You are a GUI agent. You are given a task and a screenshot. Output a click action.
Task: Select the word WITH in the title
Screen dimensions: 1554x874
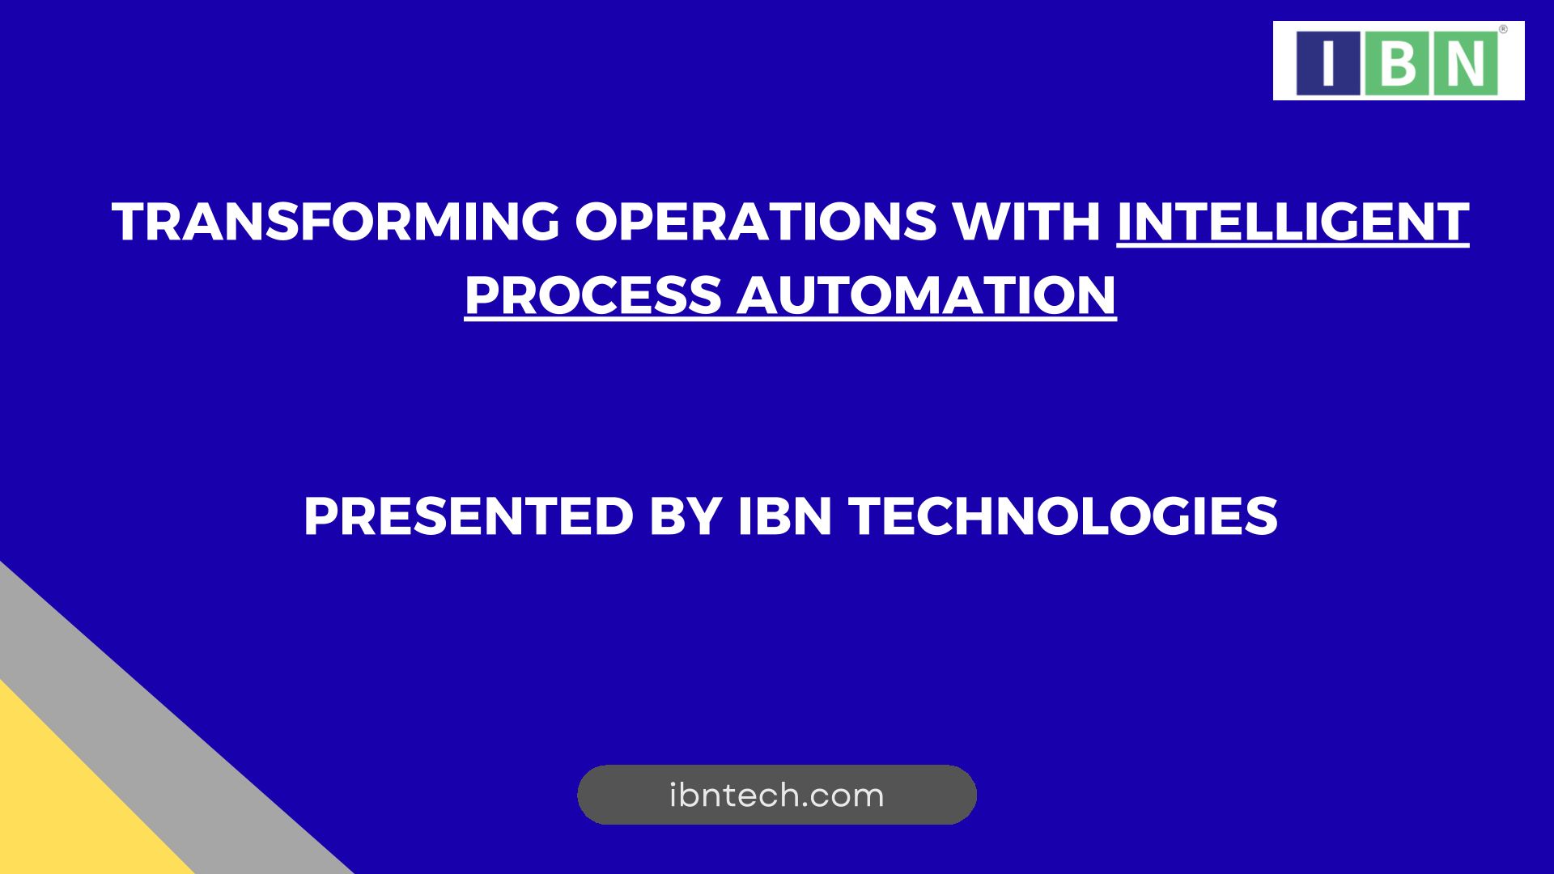[x=1026, y=222]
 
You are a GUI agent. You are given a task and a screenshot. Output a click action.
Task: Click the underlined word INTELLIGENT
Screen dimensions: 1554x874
[x=1293, y=222]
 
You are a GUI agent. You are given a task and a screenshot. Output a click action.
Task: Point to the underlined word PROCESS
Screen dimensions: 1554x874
[x=592, y=295]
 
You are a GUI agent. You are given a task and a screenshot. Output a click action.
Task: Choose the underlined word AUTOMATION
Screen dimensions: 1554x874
[x=926, y=295]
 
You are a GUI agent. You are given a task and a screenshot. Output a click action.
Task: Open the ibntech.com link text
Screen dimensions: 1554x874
[x=777, y=796]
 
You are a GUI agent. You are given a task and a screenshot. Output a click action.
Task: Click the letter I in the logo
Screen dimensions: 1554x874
[x=1328, y=62]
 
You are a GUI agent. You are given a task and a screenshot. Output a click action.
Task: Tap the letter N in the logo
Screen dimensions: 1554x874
[x=1466, y=62]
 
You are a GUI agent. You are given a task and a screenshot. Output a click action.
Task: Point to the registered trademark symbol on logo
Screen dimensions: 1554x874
[x=1503, y=29]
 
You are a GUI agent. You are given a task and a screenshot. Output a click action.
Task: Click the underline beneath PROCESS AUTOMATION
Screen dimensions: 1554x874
[x=791, y=320]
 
